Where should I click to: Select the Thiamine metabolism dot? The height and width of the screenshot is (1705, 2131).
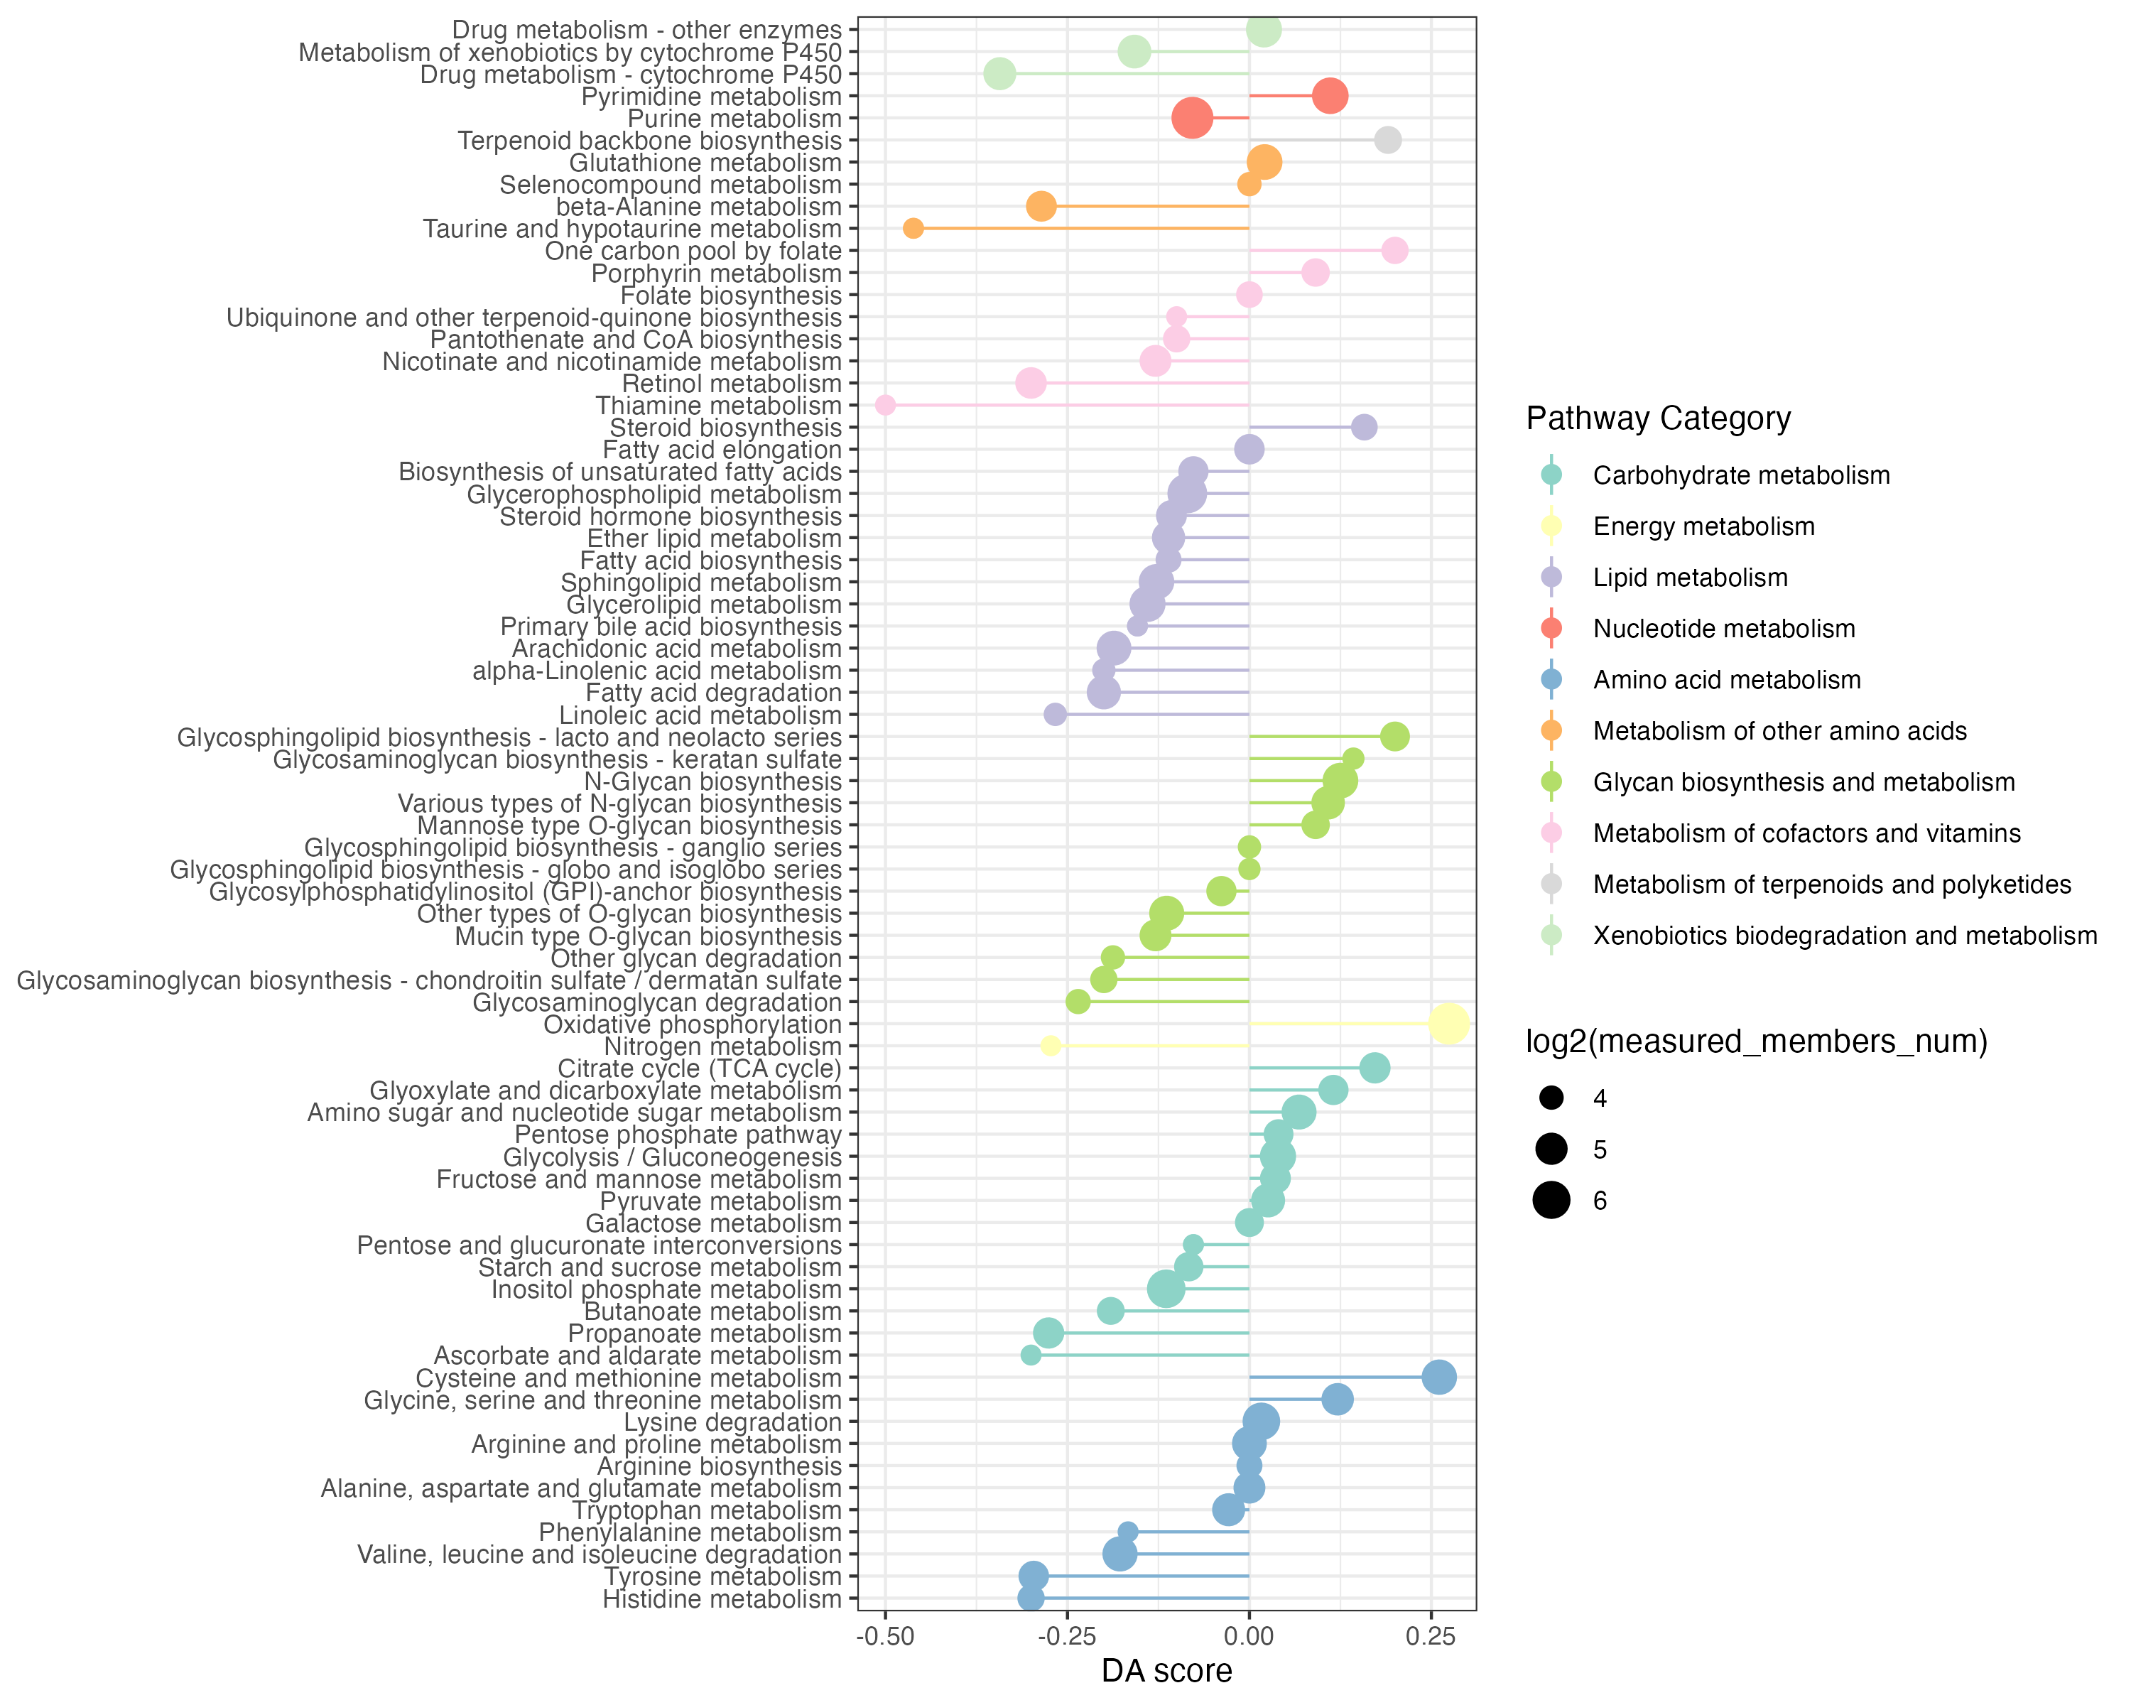pyautogui.click(x=886, y=405)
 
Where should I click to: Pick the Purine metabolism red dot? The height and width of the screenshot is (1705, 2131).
pyautogui.click(x=1192, y=119)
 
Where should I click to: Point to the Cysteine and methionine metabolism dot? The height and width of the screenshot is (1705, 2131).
pyautogui.click(x=1439, y=1377)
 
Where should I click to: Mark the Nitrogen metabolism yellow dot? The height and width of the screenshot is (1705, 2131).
pyautogui.click(x=1051, y=1046)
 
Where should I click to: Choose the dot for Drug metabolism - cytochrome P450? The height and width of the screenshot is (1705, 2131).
pyautogui.click(x=999, y=74)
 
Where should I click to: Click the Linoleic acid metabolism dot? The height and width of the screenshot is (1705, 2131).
pyautogui.click(x=1056, y=715)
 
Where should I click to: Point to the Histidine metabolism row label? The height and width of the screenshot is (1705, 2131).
pyautogui.click(x=722, y=1599)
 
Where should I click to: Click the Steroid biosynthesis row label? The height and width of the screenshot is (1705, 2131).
pyautogui.click(x=725, y=428)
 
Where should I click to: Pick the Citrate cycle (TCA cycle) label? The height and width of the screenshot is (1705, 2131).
pyautogui.click(x=700, y=1068)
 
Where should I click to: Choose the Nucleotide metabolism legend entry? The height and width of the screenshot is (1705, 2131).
pyautogui.click(x=1724, y=629)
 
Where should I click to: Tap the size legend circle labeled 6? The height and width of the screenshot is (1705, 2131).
pyautogui.click(x=1552, y=1201)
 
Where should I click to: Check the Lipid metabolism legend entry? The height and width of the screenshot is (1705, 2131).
pyautogui.click(x=1690, y=578)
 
